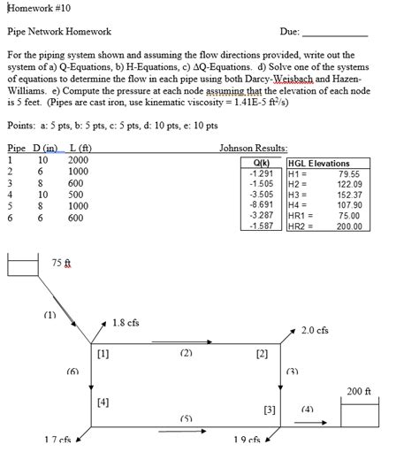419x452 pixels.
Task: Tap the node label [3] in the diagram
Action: pyautogui.click(x=270, y=410)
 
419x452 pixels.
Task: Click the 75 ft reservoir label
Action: pyautogui.click(x=62, y=263)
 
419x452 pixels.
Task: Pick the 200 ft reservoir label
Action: pyautogui.click(x=359, y=390)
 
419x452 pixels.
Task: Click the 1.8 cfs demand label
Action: pyautogui.click(x=126, y=323)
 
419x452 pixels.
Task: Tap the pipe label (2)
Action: pyautogui.click(x=186, y=352)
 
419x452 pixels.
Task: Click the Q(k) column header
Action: pyautogui.click(x=261, y=163)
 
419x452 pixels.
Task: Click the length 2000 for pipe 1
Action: pyautogui.click(x=79, y=159)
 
